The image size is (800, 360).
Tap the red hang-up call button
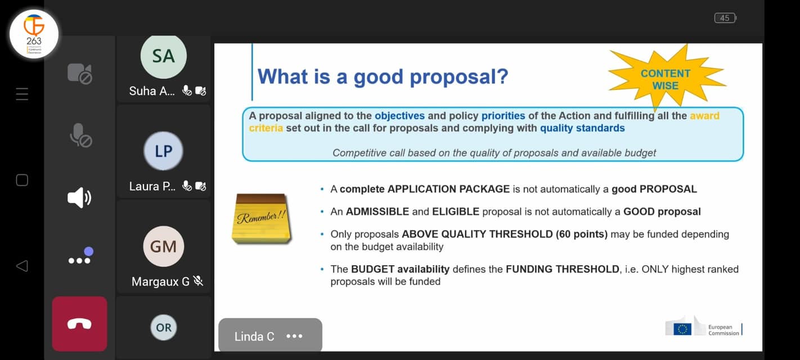coord(79,323)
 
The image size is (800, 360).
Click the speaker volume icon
coord(79,197)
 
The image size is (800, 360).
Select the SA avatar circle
coord(164,56)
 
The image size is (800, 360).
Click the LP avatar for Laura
coord(163,151)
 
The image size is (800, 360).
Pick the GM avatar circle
coord(164,246)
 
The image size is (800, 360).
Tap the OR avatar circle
coord(164,327)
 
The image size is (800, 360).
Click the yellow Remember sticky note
coord(262,219)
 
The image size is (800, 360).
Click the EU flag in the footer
coord(682,329)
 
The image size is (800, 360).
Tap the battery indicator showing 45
coord(725,18)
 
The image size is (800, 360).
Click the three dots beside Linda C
coord(294,336)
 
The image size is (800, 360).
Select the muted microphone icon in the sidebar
coord(80,136)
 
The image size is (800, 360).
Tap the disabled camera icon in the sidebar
coord(80,74)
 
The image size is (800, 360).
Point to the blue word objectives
coord(399,116)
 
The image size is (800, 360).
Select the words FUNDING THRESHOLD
coord(563,269)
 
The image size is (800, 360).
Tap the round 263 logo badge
coord(34,34)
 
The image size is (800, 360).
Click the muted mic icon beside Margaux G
coord(198,281)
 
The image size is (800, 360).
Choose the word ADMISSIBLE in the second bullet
coord(377,211)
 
